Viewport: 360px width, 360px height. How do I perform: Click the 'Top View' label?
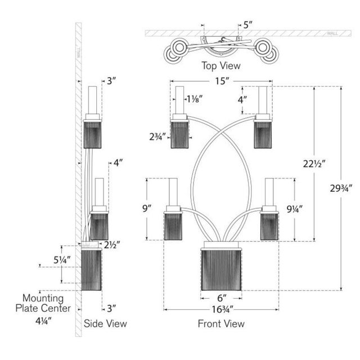tap(221, 66)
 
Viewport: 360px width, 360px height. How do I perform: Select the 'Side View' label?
tap(105, 323)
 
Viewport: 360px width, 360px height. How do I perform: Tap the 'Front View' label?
tap(221, 323)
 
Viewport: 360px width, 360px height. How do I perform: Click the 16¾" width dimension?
tap(222, 309)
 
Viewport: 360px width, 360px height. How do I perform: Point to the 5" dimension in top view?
tap(249, 25)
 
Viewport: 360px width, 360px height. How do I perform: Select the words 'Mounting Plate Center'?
tap(47, 303)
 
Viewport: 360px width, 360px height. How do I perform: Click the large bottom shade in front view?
tap(222, 272)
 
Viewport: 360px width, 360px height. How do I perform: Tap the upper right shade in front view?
tap(263, 134)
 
